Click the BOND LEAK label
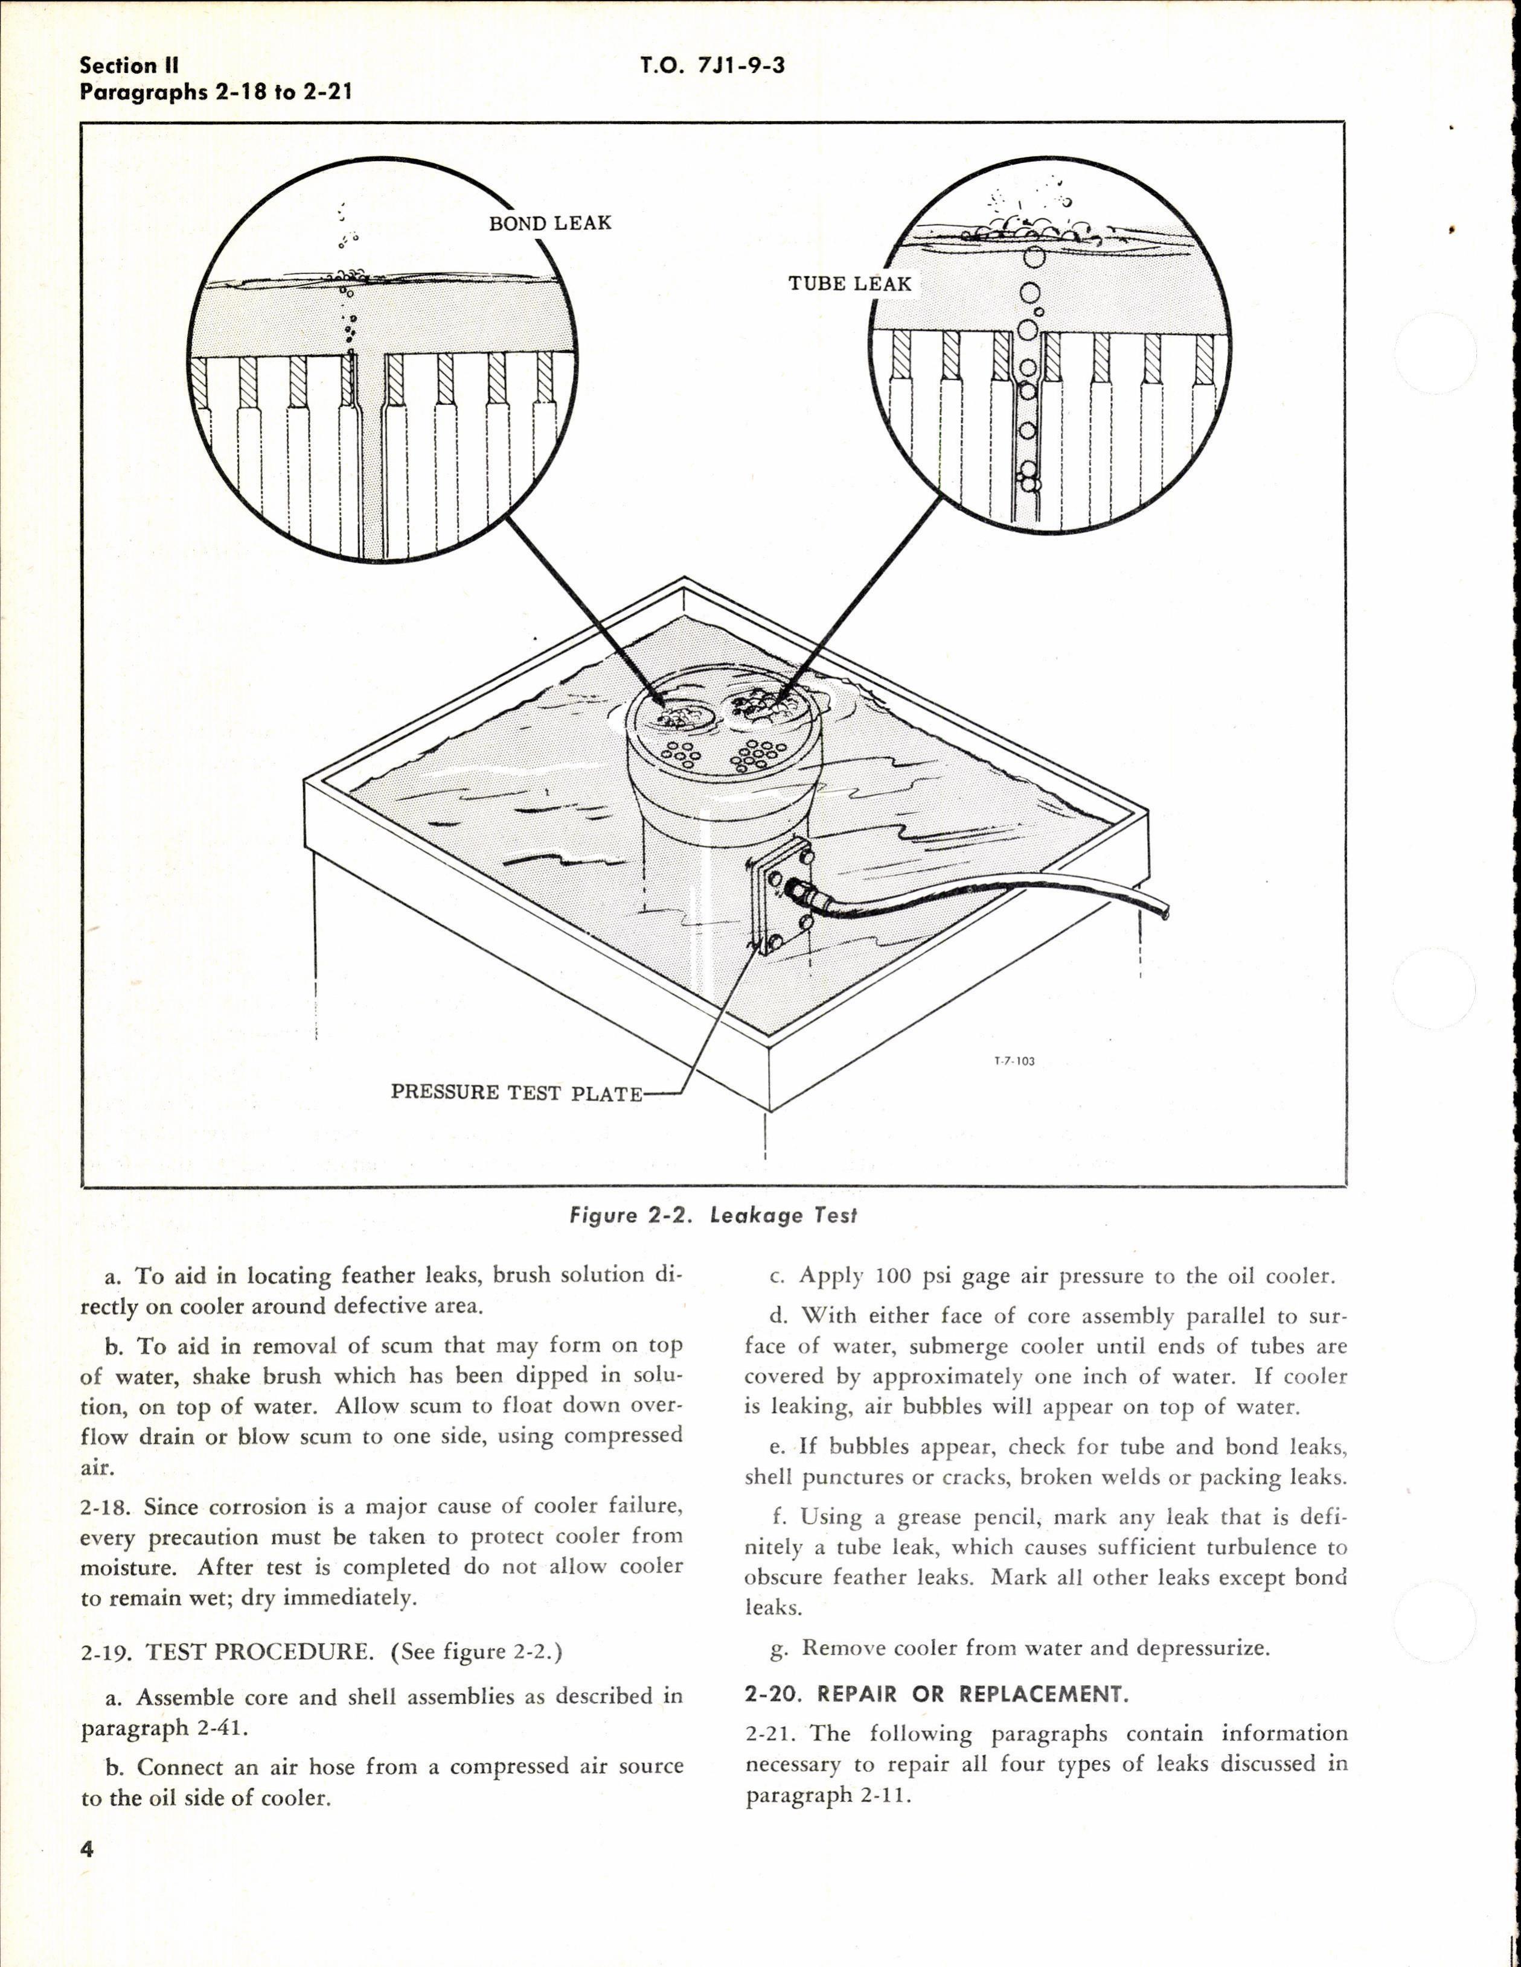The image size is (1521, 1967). click(549, 223)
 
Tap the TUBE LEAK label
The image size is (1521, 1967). click(850, 284)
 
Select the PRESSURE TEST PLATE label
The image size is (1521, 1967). click(516, 1093)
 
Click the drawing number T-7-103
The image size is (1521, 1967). click(1014, 1061)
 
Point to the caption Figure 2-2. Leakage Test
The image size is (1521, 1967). click(712, 1216)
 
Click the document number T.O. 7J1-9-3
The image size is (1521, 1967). click(712, 66)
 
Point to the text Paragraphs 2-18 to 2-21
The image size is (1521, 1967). click(216, 92)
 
